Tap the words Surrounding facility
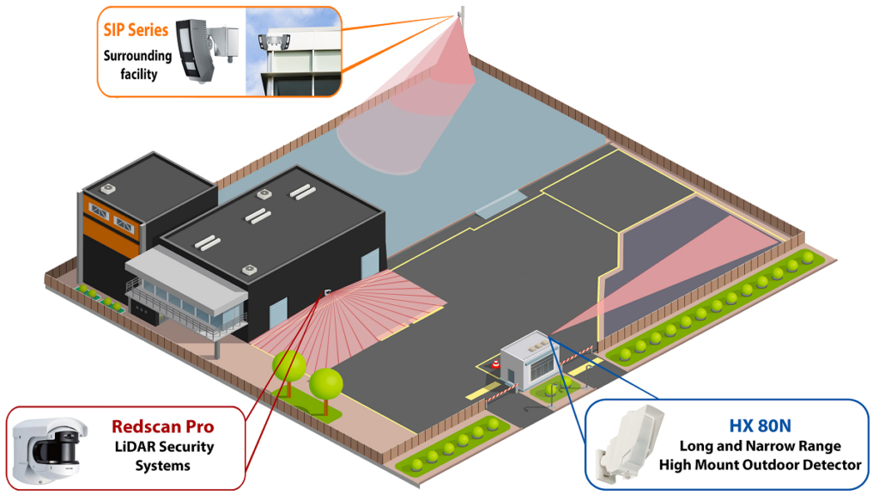click(138, 65)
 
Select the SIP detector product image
click(207, 49)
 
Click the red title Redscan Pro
click(162, 426)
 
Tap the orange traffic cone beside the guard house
click(495, 366)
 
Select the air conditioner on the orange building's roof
click(109, 188)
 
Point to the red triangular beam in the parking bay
click(687, 258)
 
